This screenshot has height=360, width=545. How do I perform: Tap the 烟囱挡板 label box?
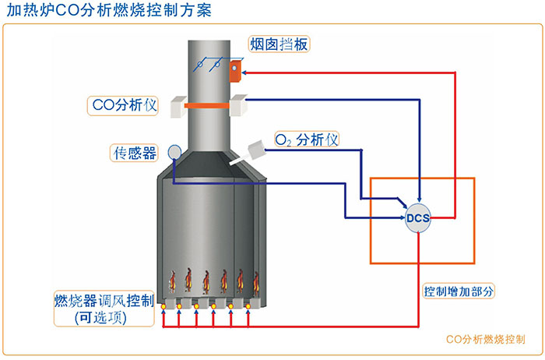coord(279,44)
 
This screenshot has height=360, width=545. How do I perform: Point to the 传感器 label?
coord(132,152)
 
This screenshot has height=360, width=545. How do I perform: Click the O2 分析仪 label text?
coord(308,140)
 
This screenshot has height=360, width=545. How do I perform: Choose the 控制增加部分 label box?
coord(459,291)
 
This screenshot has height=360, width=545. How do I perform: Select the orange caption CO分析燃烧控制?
coord(485,340)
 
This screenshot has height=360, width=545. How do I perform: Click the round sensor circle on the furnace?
coord(174,152)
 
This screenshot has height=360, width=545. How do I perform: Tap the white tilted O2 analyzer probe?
coord(251,150)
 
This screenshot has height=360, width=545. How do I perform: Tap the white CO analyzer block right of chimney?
coord(237,104)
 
